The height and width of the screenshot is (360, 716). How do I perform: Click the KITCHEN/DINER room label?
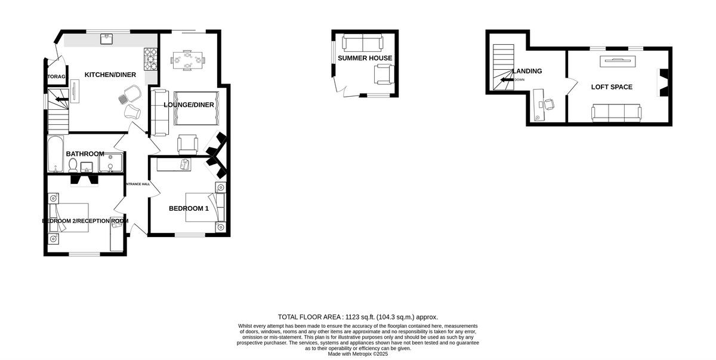(x=110, y=75)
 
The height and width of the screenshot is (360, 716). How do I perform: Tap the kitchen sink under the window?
(x=107, y=39)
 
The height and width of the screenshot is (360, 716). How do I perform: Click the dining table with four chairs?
(x=187, y=59)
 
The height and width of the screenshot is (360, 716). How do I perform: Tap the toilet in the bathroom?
(x=73, y=165)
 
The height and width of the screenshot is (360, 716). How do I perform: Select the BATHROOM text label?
(x=85, y=154)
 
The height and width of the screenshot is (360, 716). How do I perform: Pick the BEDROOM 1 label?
(x=189, y=208)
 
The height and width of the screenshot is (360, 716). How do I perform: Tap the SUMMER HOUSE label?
(x=365, y=58)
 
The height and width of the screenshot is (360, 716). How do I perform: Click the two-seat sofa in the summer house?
(x=363, y=42)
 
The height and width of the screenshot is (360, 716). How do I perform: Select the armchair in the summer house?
(x=382, y=74)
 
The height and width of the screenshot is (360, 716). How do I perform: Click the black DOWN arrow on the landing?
(x=506, y=79)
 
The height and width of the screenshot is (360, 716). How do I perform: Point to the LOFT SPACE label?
(x=612, y=87)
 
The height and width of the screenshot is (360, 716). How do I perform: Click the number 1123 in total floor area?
(x=352, y=317)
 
